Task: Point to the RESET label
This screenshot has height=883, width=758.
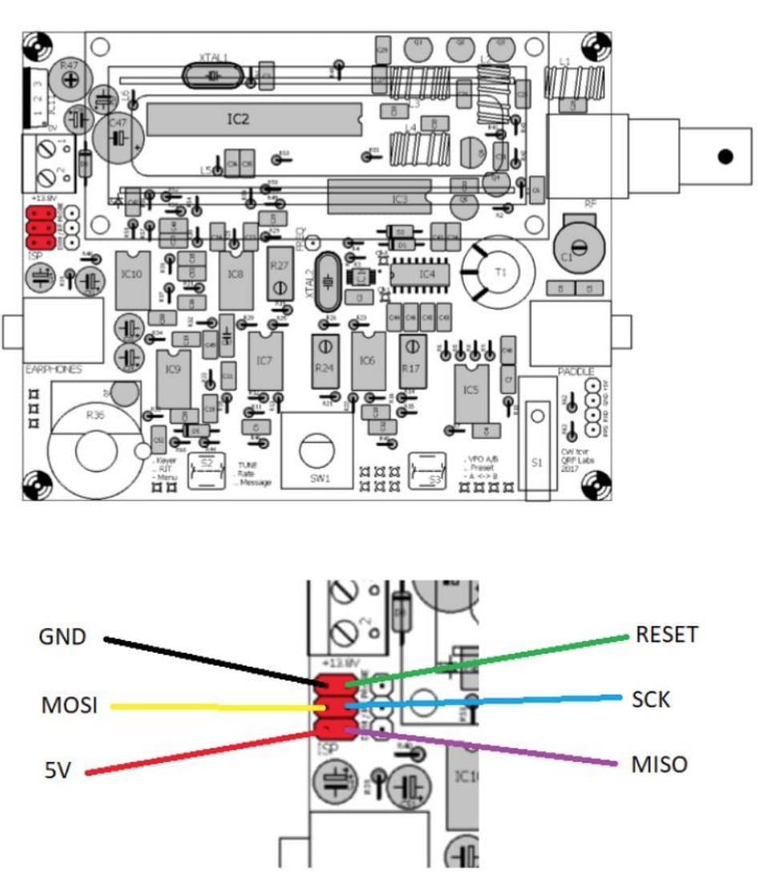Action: tap(667, 635)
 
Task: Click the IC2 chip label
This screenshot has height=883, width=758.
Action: tap(238, 119)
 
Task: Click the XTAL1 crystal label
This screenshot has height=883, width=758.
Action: tap(213, 58)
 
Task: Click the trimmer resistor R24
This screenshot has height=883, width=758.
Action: tap(324, 360)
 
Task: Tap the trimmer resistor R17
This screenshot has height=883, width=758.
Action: tap(411, 360)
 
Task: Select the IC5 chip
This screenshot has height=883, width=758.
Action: tap(470, 390)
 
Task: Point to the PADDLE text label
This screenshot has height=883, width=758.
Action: tap(576, 373)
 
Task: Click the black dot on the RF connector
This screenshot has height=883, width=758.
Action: tap(726, 157)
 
